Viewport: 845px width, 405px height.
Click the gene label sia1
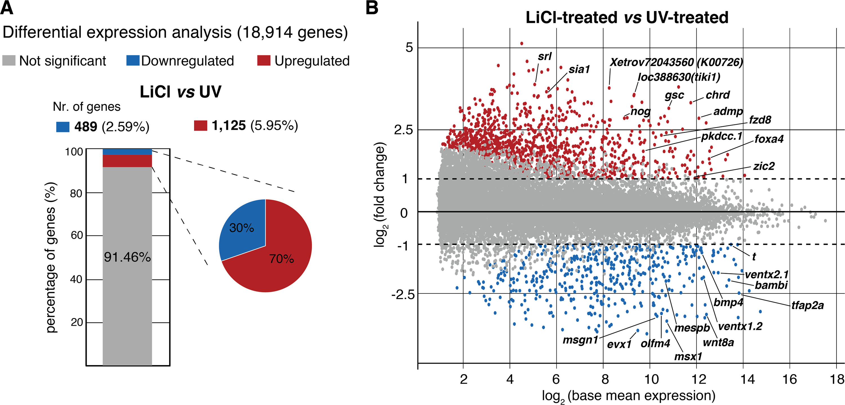[579, 69]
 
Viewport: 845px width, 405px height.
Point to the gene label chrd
[717, 95]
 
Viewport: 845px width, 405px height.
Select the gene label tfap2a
[807, 306]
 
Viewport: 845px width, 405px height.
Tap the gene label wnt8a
[718, 342]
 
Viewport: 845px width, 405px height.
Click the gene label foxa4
[769, 139]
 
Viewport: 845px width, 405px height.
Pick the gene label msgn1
[580, 340]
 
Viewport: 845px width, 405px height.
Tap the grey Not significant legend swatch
[9, 61]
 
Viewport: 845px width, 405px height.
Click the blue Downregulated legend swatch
[133, 61]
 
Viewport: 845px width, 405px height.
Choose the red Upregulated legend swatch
[264, 61]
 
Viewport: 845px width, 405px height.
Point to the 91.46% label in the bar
[127, 257]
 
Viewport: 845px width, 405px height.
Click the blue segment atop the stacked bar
[127, 152]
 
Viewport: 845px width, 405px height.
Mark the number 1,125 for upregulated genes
[229, 126]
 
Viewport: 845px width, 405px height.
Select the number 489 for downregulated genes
[86, 126]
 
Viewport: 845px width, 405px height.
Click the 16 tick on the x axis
[789, 379]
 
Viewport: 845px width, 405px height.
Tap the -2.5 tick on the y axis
[403, 295]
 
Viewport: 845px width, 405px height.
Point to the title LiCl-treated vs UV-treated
[627, 17]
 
